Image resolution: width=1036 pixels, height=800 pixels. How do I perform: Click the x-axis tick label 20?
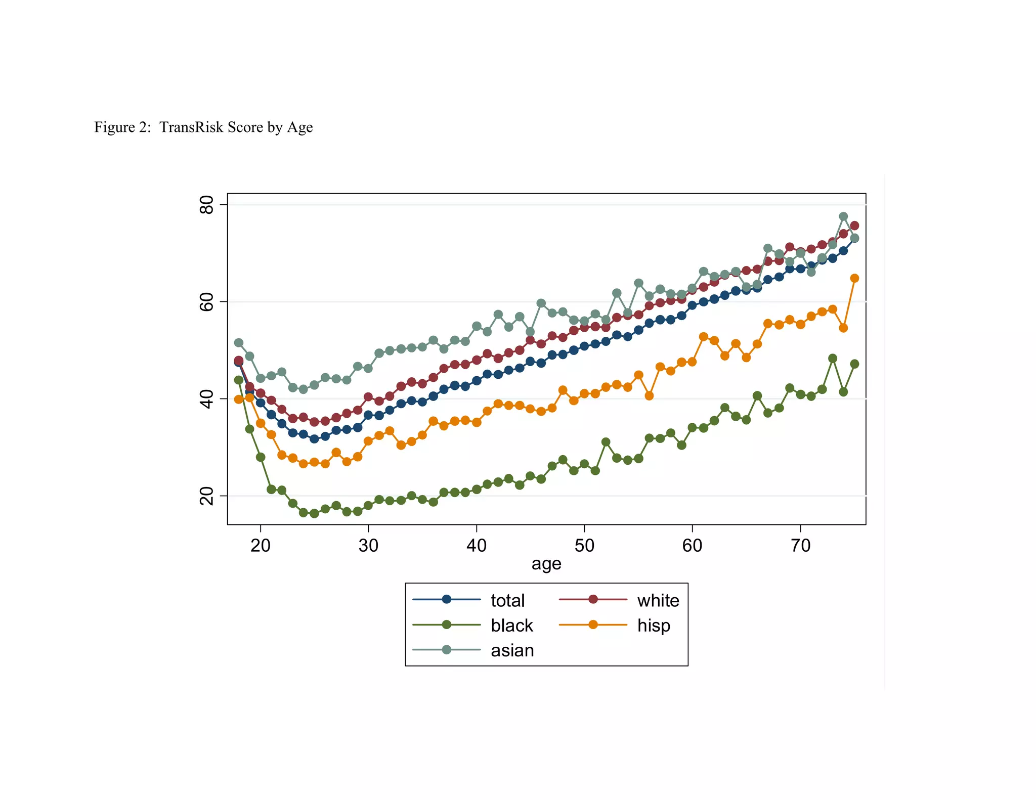pyautogui.click(x=261, y=546)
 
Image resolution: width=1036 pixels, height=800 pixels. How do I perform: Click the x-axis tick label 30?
pyautogui.click(x=368, y=546)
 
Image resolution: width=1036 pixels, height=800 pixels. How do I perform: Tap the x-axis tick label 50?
pyautogui.click(x=584, y=546)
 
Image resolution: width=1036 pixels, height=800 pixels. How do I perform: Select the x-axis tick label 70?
pyautogui.click(x=800, y=546)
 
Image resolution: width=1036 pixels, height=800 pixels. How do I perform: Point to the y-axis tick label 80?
pyautogui.click(x=207, y=205)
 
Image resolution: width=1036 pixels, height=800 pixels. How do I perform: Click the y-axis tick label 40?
pyautogui.click(x=207, y=399)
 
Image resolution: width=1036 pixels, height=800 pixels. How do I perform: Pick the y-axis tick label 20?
pyautogui.click(x=207, y=496)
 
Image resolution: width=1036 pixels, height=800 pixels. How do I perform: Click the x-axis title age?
pyautogui.click(x=546, y=564)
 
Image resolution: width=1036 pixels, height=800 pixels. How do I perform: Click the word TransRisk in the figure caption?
pyautogui.click(x=192, y=127)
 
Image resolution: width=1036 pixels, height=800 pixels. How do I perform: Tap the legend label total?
pyautogui.click(x=507, y=600)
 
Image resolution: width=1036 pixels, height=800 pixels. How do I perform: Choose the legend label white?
pyautogui.click(x=658, y=600)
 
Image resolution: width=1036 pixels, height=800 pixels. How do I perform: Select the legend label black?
pyautogui.click(x=511, y=626)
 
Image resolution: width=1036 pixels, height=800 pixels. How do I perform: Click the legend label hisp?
pyautogui.click(x=654, y=626)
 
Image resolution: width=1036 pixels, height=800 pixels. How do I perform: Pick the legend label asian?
pyautogui.click(x=512, y=650)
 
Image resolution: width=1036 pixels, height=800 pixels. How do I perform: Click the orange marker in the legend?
pyautogui.click(x=593, y=625)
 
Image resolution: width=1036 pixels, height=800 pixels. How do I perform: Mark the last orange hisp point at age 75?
pyautogui.click(x=854, y=278)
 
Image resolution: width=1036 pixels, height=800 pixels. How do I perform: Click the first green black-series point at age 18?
pyautogui.click(x=239, y=380)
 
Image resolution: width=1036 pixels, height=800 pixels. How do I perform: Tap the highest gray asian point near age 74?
pyautogui.click(x=843, y=216)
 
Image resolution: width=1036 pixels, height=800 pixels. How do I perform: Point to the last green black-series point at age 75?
pyautogui.click(x=854, y=364)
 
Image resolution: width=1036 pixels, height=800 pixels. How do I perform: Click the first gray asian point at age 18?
pyautogui.click(x=239, y=343)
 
